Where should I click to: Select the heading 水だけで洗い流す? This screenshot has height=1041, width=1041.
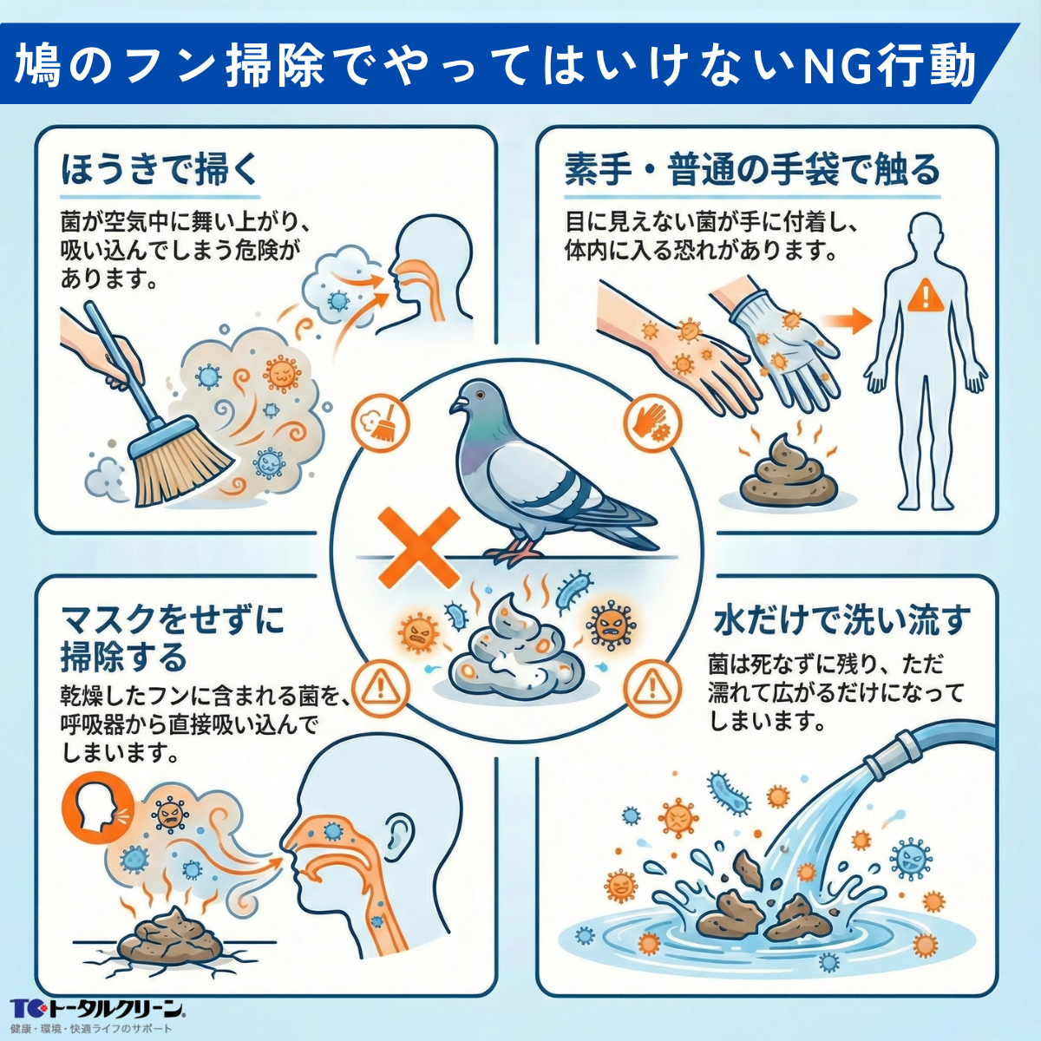[841, 619]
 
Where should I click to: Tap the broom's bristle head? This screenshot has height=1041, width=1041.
[179, 464]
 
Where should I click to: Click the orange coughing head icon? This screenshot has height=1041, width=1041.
[90, 807]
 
